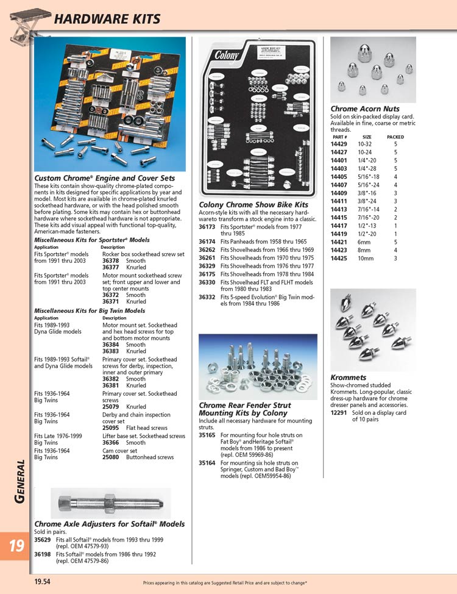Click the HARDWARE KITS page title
(x=107, y=20)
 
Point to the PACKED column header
(x=395, y=137)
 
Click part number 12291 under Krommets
(x=338, y=413)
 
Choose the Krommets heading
(x=348, y=378)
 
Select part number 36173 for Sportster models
(x=207, y=226)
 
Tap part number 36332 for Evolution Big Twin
(x=207, y=297)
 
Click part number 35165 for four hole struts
(x=207, y=435)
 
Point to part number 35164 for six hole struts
(x=207, y=463)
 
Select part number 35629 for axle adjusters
(x=43, y=540)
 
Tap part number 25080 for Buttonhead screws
(x=110, y=457)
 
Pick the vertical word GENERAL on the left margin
(x=19, y=481)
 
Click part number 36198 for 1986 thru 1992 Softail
(x=43, y=554)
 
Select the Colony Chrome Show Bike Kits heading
(x=253, y=205)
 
